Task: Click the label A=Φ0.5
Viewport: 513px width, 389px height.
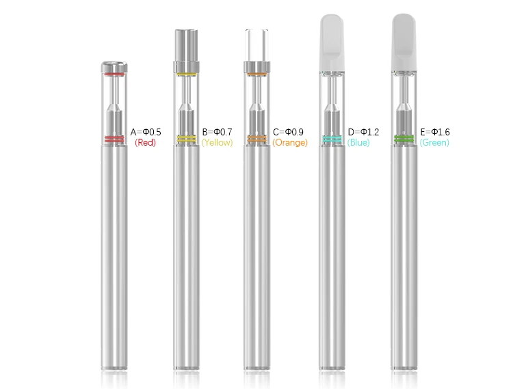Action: pos(146,132)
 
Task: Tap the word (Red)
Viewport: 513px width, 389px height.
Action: pos(145,142)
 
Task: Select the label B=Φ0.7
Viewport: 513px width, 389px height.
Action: pos(218,132)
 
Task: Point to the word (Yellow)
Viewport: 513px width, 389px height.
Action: pos(218,142)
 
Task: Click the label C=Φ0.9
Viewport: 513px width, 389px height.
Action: pos(288,132)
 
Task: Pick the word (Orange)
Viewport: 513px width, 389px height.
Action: pos(290,142)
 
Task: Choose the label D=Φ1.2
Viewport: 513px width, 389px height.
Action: pos(363,132)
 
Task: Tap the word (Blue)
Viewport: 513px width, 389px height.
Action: pos(358,142)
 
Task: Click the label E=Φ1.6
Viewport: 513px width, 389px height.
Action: pos(435,132)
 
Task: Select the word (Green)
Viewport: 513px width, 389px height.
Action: pos(434,142)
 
